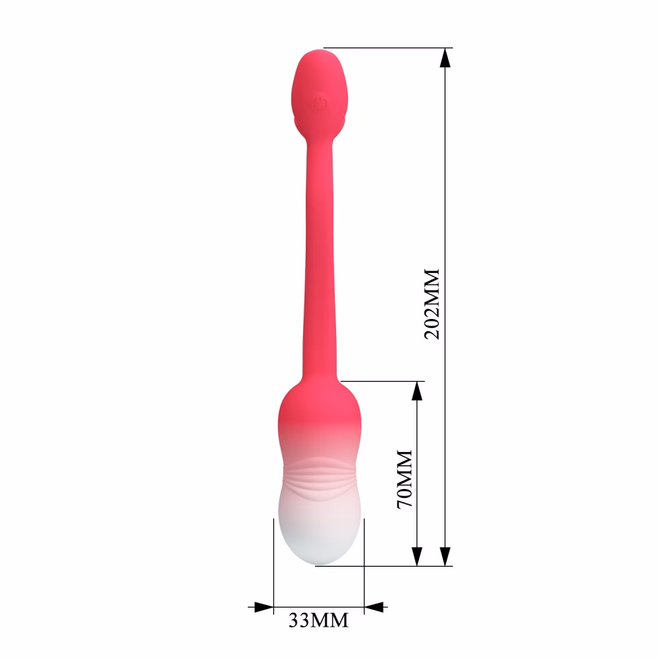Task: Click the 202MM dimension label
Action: [432, 303]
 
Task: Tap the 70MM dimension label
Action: [405, 479]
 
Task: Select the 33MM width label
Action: [318, 620]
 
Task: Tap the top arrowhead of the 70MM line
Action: [417, 391]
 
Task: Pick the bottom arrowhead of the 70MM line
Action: [417, 556]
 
